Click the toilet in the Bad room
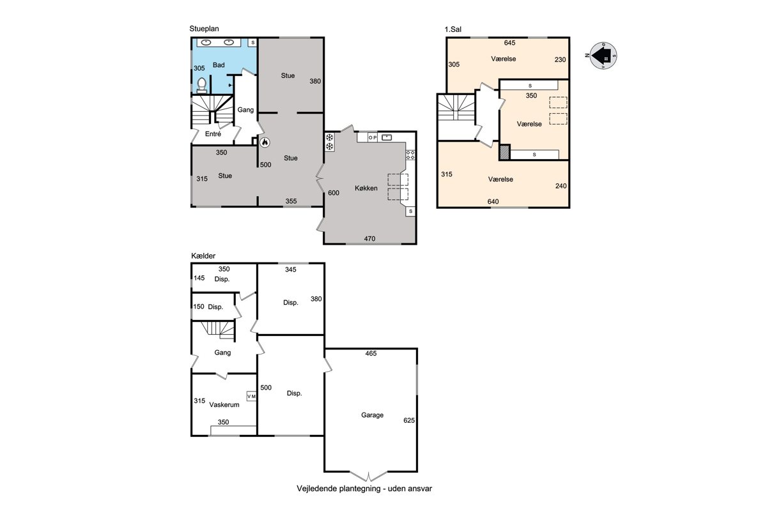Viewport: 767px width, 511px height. coord(202,86)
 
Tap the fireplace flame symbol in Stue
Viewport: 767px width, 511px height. coord(265,142)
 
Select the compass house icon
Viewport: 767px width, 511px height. coord(603,56)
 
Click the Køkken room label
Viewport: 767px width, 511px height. coord(366,188)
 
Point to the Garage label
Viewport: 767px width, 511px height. coord(372,415)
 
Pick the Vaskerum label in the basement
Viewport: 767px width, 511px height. coord(224,404)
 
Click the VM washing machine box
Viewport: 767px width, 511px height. coord(251,396)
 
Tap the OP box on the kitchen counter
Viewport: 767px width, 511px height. coord(373,137)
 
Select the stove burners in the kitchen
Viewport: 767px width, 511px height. coord(410,155)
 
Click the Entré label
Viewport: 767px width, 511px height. coord(213,134)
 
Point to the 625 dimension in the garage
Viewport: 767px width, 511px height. coord(409,420)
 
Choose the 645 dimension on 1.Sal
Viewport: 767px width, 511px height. coord(509,43)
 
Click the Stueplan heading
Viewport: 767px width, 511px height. coord(204,29)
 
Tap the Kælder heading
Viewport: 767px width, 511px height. coord(203,256)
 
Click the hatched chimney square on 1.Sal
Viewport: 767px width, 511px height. coord(505,152)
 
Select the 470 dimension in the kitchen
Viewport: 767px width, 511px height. coord(369,238)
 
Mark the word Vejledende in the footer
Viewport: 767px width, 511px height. coord(316,489)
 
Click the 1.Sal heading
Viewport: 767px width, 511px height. coord(453,29)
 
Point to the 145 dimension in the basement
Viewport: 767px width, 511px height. coord(199,278)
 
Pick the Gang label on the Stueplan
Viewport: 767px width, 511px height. coord(245,110)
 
